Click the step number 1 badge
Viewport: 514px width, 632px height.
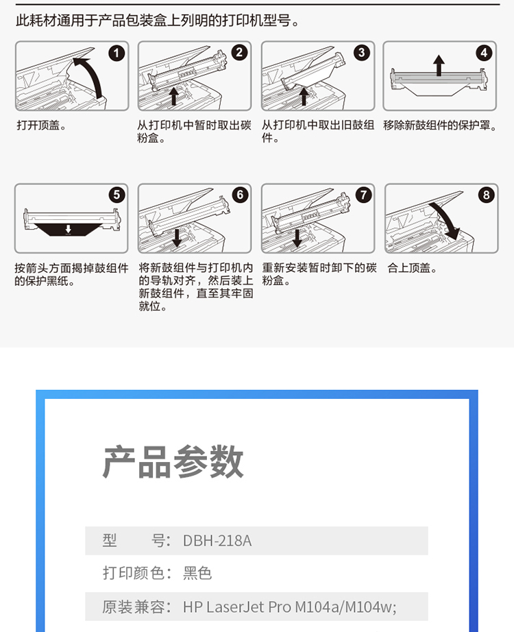pos(117,53)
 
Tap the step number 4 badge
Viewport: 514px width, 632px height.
pos(484,53)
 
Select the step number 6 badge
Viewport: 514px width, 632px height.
pos(240,195)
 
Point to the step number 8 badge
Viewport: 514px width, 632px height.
pos(486,195)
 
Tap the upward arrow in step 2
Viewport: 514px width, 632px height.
pos(174,96)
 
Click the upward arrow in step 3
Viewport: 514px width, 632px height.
pos(304,96)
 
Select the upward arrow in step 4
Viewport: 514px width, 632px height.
pos(439,65)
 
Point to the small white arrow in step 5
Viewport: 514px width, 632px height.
pos(68,229)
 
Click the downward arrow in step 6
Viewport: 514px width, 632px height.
pos(177,238)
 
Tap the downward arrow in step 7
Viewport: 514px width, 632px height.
pos(297,238)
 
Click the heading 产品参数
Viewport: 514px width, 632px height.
pos(173,462)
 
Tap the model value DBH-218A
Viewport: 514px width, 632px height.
pos(217,541)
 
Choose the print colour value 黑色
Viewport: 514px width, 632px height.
pos(197,573)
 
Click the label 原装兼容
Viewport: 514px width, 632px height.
pos(132,607)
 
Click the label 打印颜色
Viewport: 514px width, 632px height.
pos(133,573)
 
